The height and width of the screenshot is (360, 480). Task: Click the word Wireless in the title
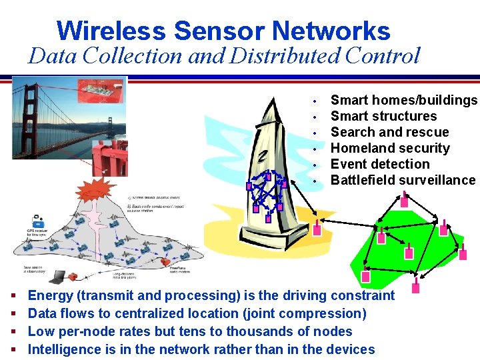coord(111,31)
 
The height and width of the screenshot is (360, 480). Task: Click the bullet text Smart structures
coord(383,116)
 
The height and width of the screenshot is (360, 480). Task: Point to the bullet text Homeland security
coord(390,148)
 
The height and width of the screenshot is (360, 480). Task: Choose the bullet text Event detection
coord(380,164)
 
